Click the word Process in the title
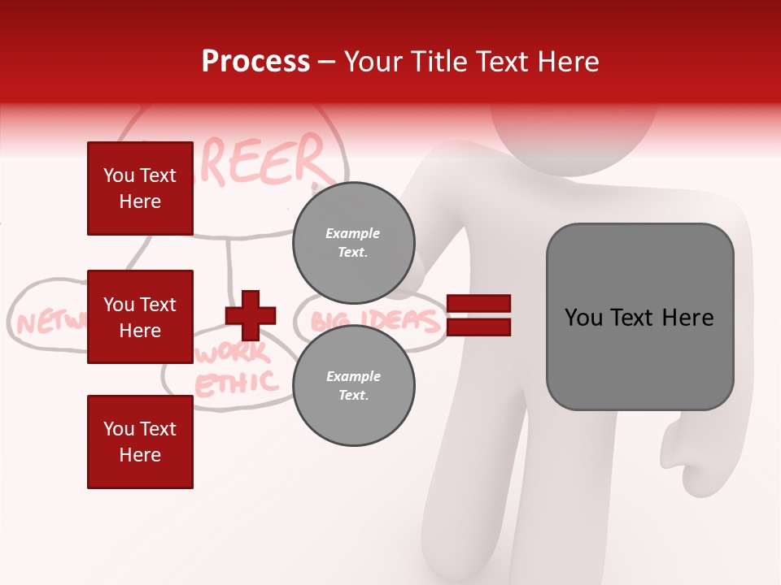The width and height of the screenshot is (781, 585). coord(255,62)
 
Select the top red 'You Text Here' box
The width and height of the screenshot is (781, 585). coord(140,188)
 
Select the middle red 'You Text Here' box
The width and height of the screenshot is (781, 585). coord(140,317)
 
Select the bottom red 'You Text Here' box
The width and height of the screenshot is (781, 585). coord(140,442)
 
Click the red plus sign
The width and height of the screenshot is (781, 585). coord(250,315)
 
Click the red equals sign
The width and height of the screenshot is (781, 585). coord(479,315)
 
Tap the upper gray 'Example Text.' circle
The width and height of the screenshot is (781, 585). coord(353,243)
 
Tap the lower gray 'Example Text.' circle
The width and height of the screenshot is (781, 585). coord(353,386)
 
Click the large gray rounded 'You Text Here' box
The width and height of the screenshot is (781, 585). coord(639,317)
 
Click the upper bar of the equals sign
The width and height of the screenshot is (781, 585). coord(479,304)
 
